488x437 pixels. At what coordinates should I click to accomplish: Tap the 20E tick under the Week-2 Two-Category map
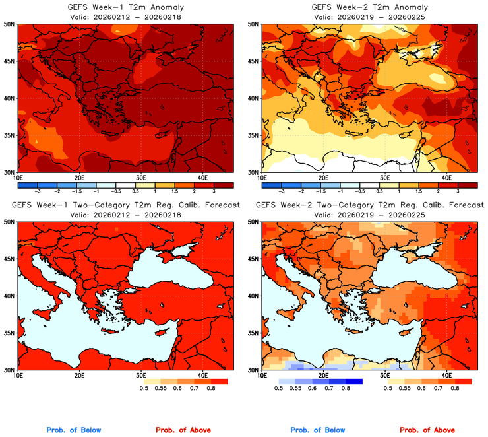323,376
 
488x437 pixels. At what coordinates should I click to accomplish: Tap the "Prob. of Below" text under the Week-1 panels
74,430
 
